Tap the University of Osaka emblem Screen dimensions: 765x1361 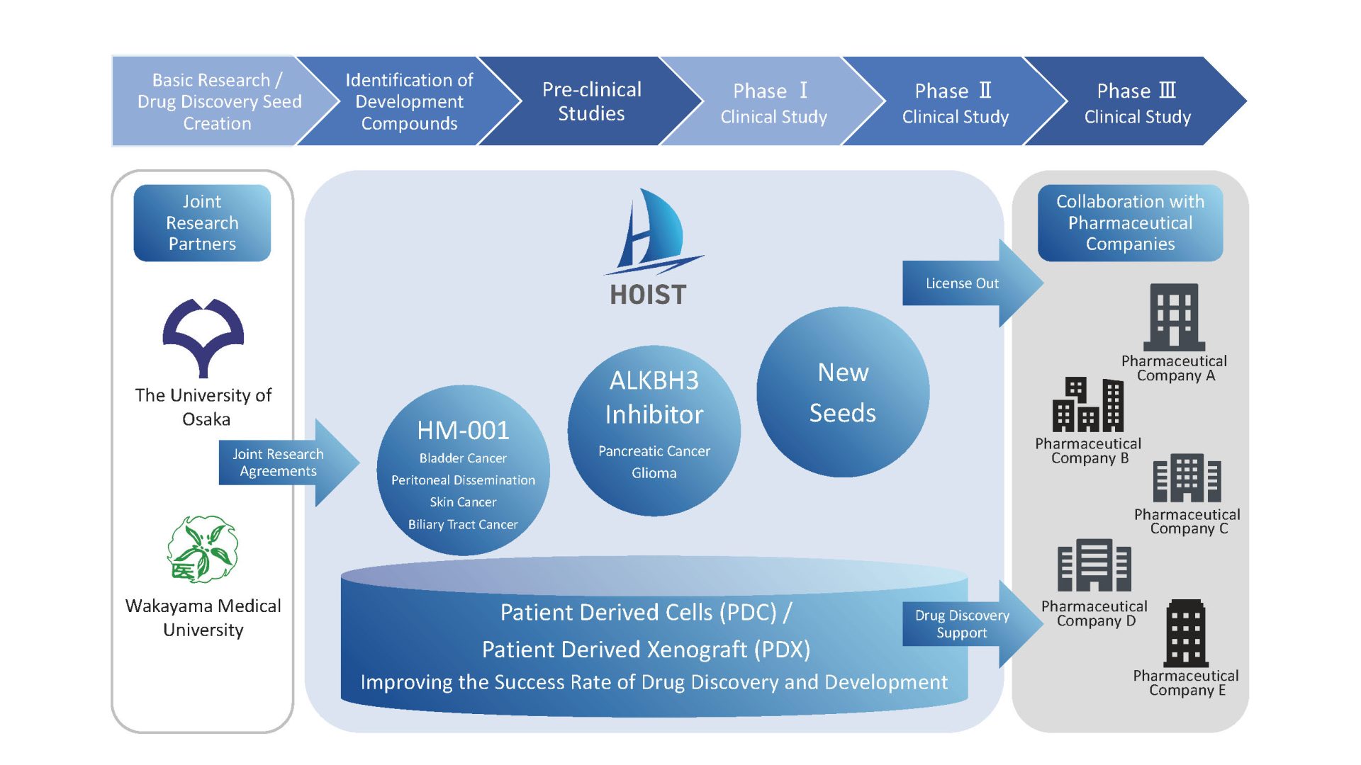[203, 337]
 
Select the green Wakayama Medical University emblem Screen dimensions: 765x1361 [203, 549]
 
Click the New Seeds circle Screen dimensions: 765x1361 [843, 392]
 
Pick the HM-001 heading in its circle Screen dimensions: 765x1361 [463, 430]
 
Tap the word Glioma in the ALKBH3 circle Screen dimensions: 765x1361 [654, 473]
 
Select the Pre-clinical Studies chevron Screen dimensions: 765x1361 [591, 101]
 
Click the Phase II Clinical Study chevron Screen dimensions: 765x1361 [955, 103]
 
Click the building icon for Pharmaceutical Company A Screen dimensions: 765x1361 [1174, 317]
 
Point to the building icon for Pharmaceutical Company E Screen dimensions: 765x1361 [1186, 633]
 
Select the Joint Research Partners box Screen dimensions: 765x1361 [202, 223]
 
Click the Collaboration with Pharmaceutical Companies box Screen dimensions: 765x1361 [1130, 223]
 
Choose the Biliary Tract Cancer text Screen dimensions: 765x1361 [463, 525]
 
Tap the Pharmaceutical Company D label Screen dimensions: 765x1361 [1094, 613]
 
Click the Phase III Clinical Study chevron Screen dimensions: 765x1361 [1136, 103]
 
